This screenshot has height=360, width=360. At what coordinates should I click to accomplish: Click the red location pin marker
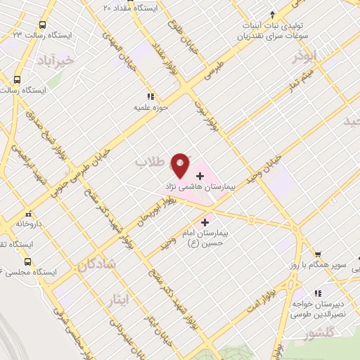(x=181, y=165)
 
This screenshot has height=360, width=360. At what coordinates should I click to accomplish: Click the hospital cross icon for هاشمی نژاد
(x=200, y=174)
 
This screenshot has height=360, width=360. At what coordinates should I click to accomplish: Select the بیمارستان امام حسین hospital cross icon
(x=205, y=222)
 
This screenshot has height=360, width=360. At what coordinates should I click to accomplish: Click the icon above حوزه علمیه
(x=149, y=96)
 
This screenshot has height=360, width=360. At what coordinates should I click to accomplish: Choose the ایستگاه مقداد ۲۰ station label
(x=139, y=8)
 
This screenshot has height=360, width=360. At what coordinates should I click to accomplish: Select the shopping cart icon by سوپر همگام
(x=318, y=254)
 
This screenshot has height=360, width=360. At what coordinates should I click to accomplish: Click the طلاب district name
(x=149, y=162)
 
